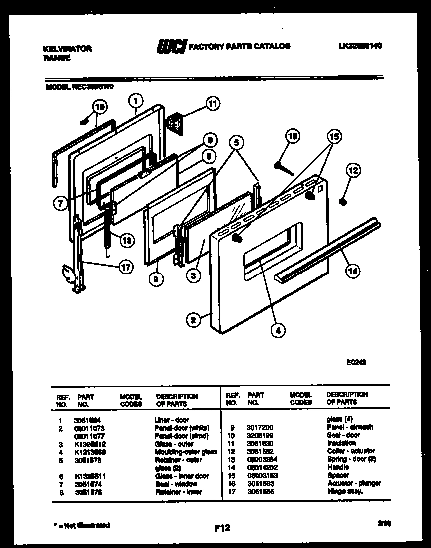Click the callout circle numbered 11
coord(213,104)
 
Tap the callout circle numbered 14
coord(353,271)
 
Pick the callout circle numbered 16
coord(293,136)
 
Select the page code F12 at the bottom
coord(222,528)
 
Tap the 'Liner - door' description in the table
coord(171,420)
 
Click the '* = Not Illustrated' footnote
coord(81,525)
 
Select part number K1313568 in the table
coord(90,452)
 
